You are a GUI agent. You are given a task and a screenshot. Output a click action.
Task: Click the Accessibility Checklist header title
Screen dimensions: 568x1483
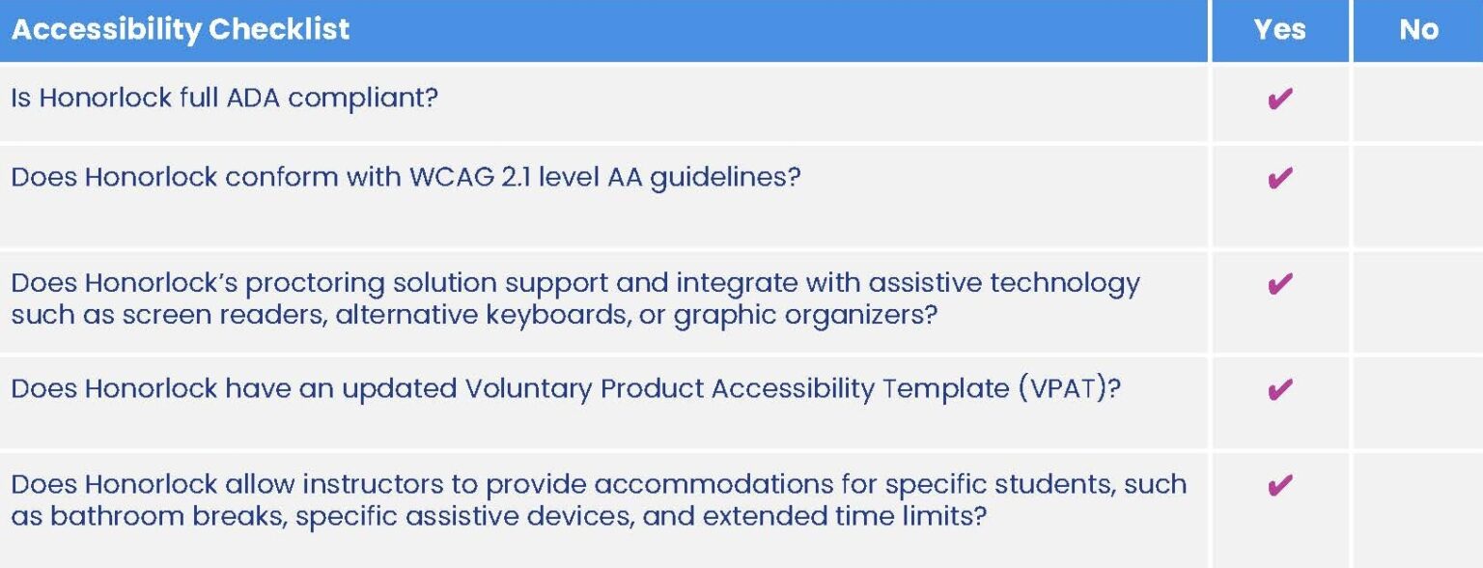coord(181,29)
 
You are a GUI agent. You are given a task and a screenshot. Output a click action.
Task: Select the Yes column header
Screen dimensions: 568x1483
coord(1279,29)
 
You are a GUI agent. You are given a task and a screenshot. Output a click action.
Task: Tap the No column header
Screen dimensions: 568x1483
coord(1418,29)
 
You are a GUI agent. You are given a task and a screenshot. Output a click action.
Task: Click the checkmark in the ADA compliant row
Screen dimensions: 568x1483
coord(1279,99)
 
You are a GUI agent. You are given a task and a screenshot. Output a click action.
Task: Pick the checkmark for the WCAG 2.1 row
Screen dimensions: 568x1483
coord(1279,179)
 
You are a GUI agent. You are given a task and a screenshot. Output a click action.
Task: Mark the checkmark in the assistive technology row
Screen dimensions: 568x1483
coord(1279,284)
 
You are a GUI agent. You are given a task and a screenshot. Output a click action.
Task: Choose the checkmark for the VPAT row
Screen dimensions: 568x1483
coord(1279,389)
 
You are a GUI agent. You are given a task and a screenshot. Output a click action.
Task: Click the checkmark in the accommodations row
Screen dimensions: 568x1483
coord(1279,485)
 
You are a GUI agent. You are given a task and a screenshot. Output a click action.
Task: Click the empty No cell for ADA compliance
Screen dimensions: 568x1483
coord(1418,101)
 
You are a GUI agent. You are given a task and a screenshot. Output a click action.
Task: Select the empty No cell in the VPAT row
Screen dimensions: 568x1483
coord(1418,400)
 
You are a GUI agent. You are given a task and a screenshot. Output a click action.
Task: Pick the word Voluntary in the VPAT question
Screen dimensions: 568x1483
coord(528,388)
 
